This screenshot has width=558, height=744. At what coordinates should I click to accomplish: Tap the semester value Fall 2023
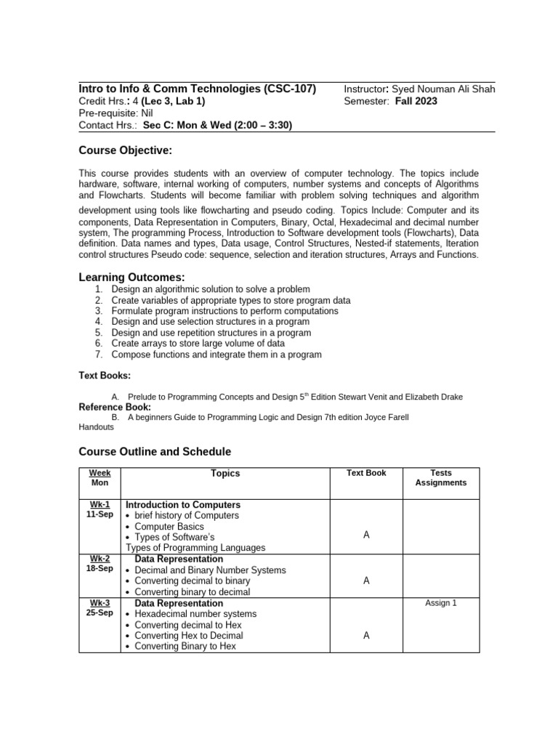coord(416,101)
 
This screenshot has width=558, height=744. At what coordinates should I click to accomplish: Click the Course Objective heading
coord(125,150)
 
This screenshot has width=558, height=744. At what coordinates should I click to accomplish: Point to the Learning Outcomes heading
coord(132,278)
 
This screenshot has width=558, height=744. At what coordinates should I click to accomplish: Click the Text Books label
coord(105,376)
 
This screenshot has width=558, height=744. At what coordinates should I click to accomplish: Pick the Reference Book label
coord(115,408)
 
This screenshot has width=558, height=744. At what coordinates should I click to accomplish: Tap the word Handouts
coord(96,427)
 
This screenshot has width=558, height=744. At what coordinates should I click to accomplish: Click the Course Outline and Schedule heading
coord(155,452)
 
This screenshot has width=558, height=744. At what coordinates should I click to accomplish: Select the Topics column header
coord(225,473)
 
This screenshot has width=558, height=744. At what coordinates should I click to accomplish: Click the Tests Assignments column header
coord(440,477)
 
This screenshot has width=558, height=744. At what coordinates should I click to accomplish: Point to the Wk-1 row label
coord(100,504)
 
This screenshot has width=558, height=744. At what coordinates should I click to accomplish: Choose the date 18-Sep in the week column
coord(100,569)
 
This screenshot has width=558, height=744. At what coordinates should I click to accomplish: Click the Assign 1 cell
coord(440,603)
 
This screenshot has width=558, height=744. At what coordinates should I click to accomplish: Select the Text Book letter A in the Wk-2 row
coord(366,581)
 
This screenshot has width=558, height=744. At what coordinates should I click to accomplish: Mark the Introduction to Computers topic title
coord(183,504)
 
